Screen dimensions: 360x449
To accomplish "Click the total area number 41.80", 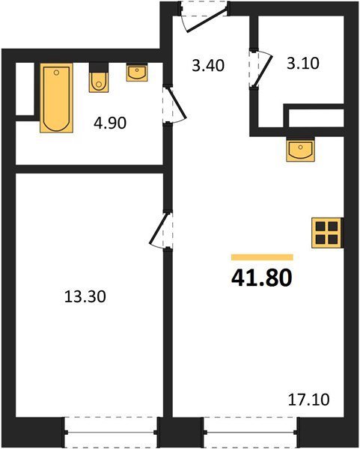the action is point(262,278).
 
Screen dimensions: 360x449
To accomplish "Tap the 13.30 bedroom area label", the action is point(85,296).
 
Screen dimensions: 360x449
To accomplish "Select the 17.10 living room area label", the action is point(308,400).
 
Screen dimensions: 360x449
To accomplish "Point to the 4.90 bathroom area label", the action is point(110,123).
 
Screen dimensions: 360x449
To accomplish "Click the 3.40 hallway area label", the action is point(208,65).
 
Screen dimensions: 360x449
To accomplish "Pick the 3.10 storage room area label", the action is point(303,64).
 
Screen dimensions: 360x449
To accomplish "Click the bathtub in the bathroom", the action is point(56,98).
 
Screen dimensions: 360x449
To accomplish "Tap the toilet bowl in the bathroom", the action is point(99,82).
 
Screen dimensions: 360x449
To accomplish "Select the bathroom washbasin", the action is point(137,73).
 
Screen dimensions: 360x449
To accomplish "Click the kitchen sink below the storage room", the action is point(300,150).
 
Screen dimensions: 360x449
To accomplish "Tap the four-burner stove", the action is point(326,233).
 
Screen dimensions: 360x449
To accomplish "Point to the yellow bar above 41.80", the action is point(262,257).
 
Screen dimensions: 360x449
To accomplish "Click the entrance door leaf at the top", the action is point(207,19).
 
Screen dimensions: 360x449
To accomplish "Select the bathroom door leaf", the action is point(178,103).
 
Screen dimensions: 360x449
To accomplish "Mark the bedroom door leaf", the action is point(159,228).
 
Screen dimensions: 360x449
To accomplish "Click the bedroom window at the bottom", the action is point(110,433).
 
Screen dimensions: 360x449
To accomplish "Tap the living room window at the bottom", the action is point(250,433).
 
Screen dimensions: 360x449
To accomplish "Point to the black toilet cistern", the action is point(99,67).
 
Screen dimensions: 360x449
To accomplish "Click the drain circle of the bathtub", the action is point(56,73).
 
